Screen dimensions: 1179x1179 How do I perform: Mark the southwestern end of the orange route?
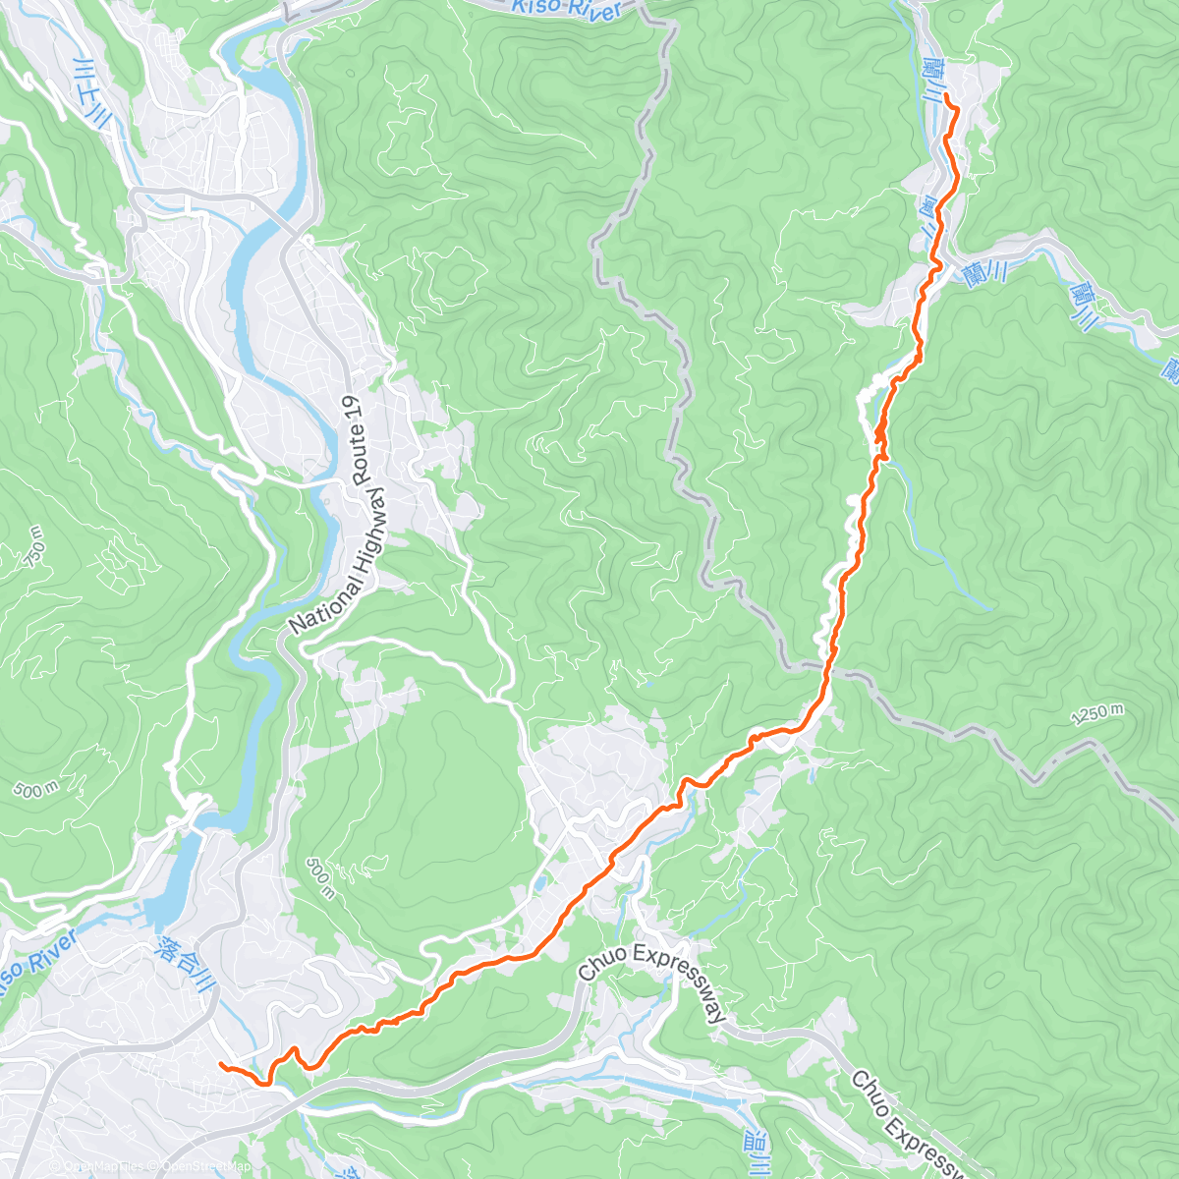click(220, 1065)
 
